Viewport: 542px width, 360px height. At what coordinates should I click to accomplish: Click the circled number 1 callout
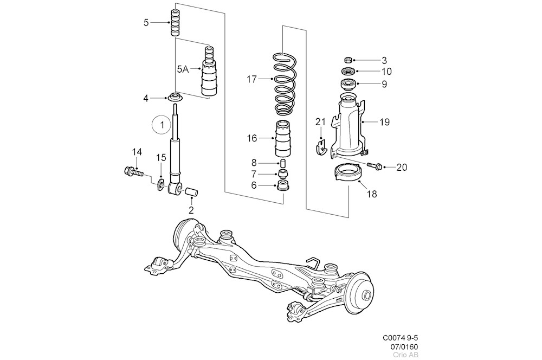point(161,125)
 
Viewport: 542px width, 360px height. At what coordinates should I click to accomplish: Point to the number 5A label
point(183,69)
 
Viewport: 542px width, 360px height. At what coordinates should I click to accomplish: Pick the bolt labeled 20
point(374,165)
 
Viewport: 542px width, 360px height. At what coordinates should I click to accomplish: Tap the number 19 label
point(384,123)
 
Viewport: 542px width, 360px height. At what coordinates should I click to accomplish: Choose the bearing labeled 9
point(346,84)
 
